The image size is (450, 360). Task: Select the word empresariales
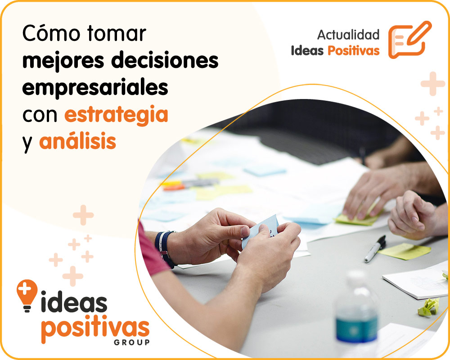(95, 88)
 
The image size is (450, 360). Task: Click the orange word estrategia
(116, 115)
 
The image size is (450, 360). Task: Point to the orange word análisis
(77, 142)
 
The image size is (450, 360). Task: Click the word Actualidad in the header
(348, 35)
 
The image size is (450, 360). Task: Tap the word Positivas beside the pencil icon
(353, 50)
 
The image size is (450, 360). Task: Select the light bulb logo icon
(27, 295)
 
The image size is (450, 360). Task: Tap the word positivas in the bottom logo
(95, 330)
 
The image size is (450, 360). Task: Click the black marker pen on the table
(374, 249)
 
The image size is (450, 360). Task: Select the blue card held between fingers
(261, 229)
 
